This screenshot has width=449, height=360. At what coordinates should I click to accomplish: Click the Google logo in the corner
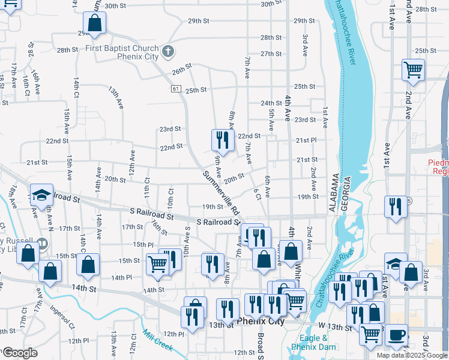[x=19, y=353]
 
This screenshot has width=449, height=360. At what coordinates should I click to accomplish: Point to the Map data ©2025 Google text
[x=411, y=355]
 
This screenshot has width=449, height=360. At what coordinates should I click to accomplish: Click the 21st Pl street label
[x=306, y=140]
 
